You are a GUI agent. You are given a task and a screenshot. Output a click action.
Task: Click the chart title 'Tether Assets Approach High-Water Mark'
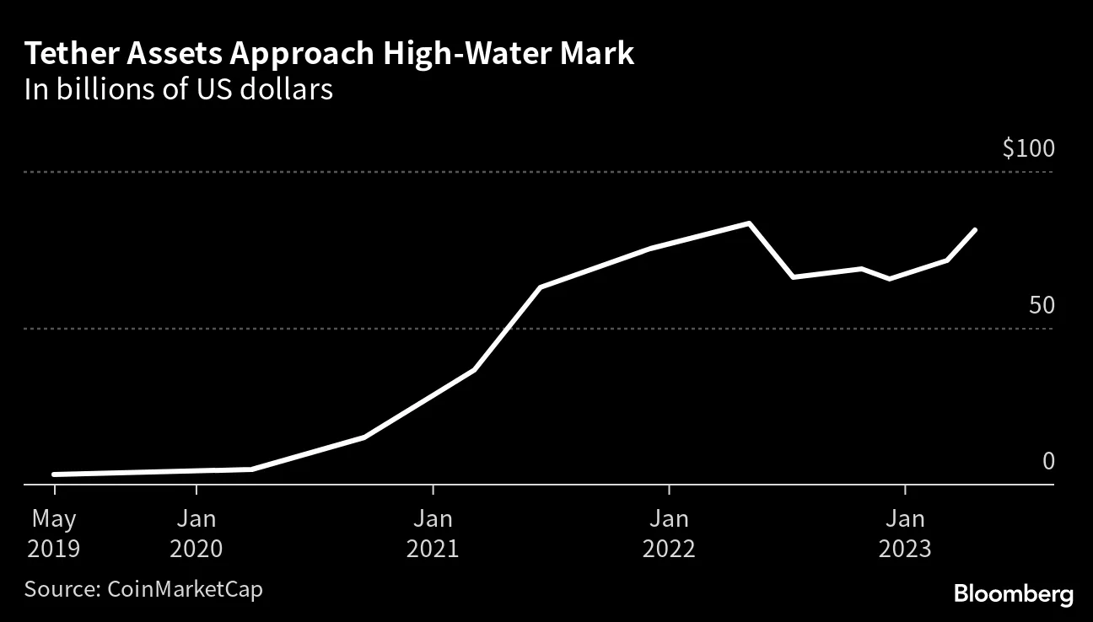click(x=329, y=54)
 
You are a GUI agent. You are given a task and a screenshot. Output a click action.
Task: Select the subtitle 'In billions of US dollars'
click(x=179, y=89)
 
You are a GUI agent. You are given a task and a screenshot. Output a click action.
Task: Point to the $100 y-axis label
click(x=1028, y=149)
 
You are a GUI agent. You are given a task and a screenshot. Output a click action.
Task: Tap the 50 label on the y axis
click(x=1042, y=305)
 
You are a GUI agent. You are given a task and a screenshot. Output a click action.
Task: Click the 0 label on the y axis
click(x=1048, y=461)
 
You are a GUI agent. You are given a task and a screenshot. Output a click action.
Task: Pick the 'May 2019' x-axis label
click(x=54, y=533)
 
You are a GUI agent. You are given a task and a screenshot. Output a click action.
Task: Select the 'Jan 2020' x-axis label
click(x=196, y=533)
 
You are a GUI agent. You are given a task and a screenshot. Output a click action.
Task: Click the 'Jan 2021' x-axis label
click(x=433, y=533)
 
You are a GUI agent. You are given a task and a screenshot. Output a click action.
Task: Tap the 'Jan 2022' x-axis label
click(x=669, y=533)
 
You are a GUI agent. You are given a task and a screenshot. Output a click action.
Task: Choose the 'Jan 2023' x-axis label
click(x=905, y=533)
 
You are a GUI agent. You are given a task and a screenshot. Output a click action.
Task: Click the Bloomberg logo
click(x=1014, y=593)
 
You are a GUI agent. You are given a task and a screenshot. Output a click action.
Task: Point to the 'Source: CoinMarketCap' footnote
click(x=143, y=588)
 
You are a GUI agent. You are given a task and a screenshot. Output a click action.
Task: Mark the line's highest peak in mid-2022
click(x=749, y=223)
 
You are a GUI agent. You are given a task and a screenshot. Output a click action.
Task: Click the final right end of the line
click(x=975, y=229)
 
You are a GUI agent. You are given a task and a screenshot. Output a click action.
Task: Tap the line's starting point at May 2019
click(x=54, y=475)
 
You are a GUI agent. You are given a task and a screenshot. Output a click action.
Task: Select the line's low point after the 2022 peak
click(x=793, y=276)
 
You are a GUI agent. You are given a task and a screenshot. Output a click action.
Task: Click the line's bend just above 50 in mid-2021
click(x=540, y=287)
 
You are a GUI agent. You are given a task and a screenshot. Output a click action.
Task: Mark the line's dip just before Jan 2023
click(x=889, y=278)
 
